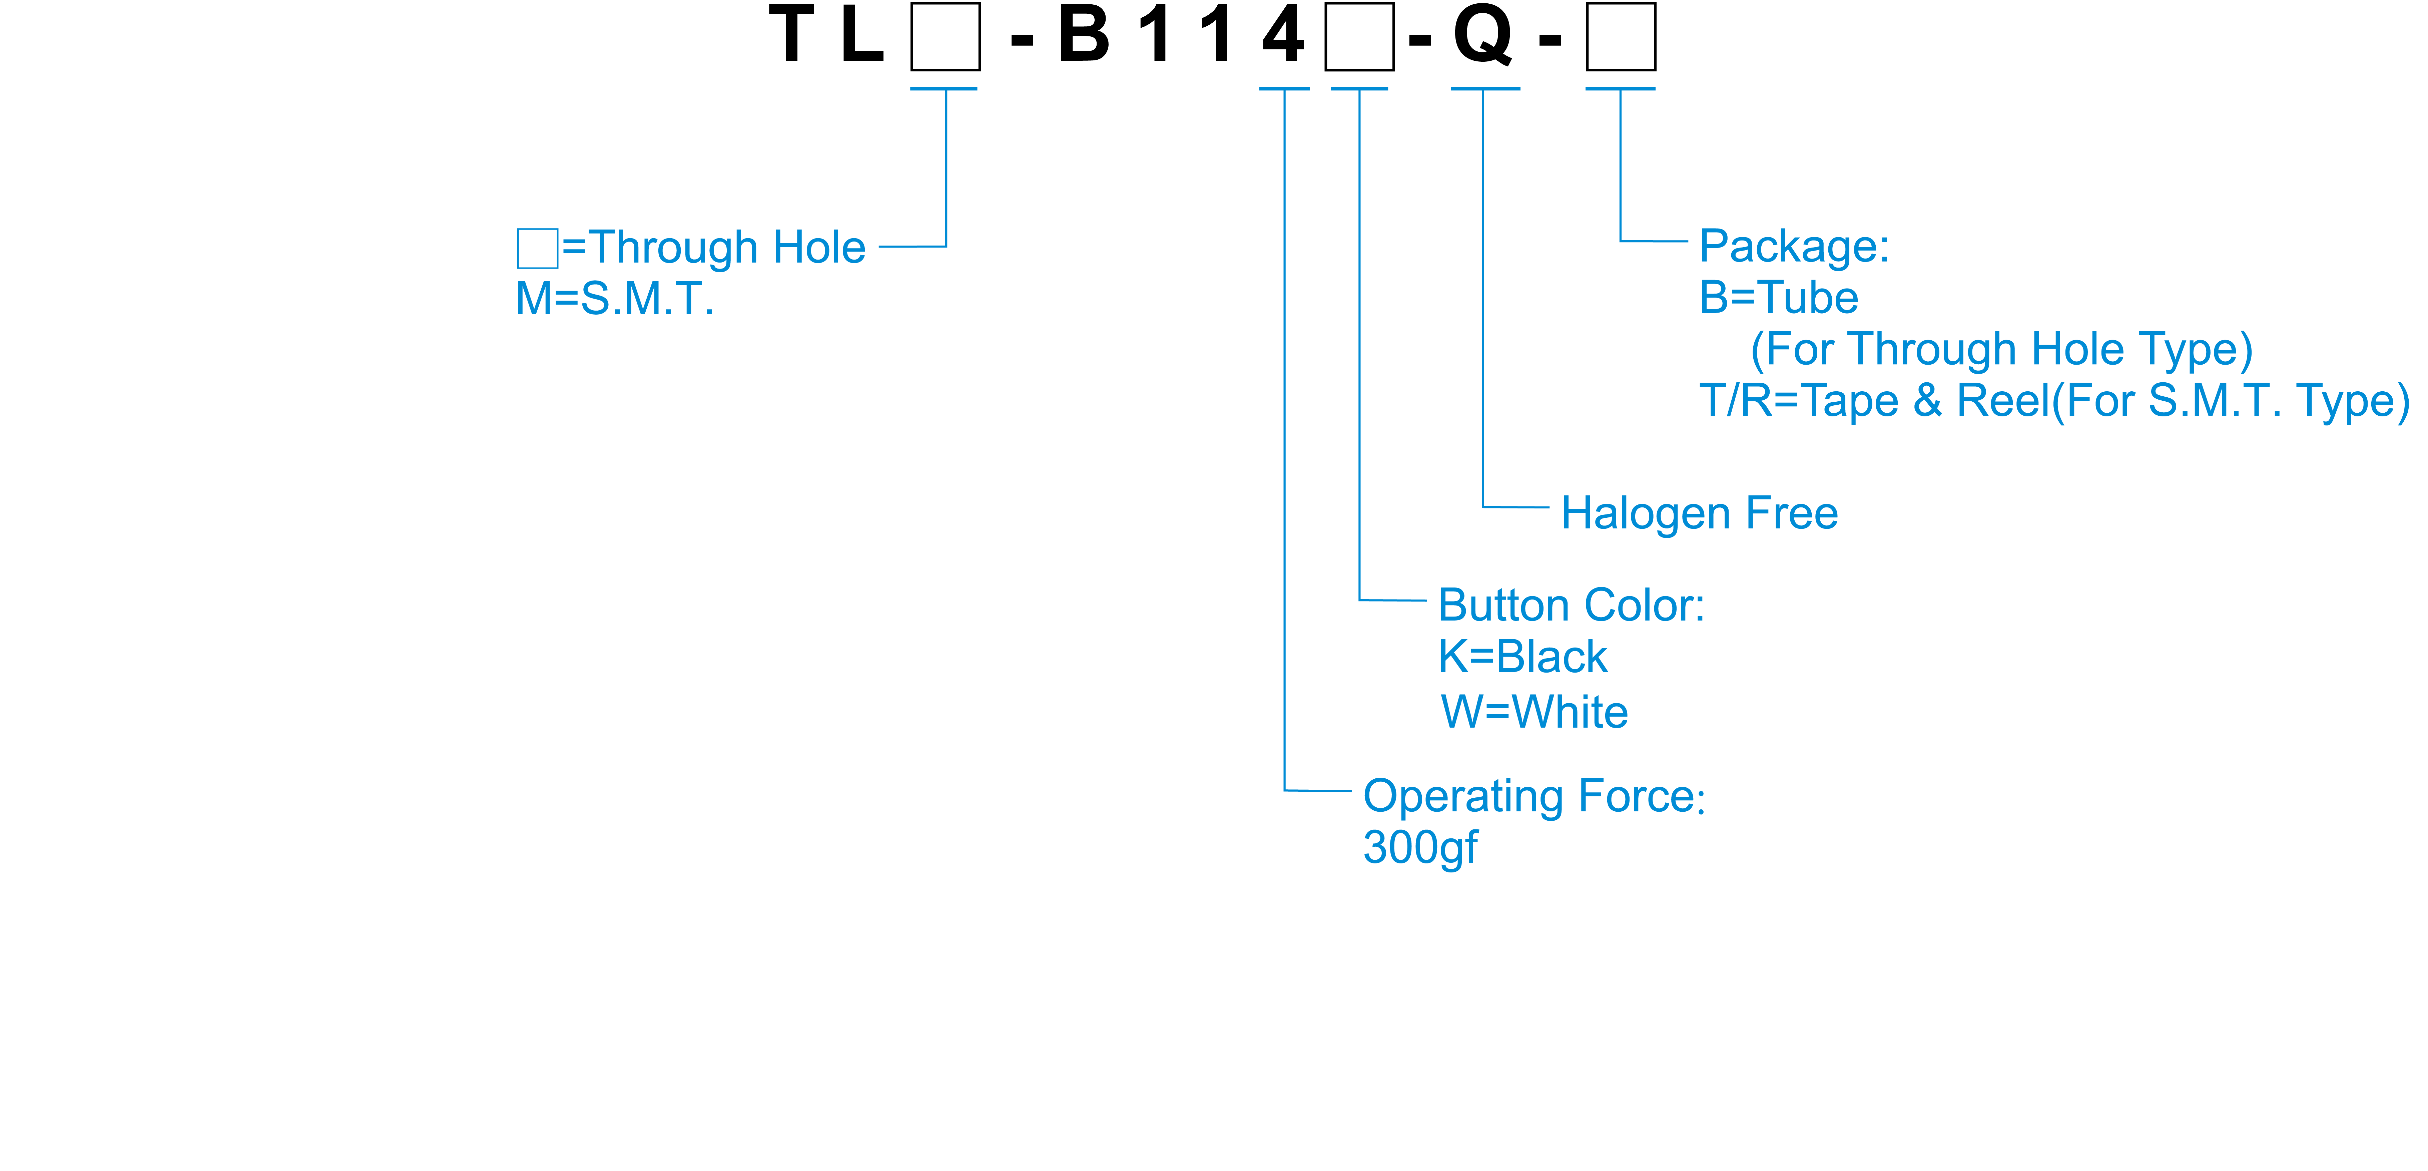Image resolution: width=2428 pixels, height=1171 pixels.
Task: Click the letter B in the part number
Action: (x=1084, y=36)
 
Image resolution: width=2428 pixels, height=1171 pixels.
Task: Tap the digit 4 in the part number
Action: (x=1283, y=36)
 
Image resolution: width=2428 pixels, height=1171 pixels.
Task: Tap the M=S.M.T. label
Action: (x=615, y=299)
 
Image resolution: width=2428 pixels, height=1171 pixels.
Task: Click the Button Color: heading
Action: (x=1571, y=605)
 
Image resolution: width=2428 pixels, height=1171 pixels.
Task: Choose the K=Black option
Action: (x=1522, y=657)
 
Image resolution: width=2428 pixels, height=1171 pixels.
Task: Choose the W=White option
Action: (x=1535, y=712)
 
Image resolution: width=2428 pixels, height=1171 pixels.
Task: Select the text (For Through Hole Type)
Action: (x=2001, y=350)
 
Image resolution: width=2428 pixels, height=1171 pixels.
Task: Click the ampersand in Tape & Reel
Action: (x=1927, y=401)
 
